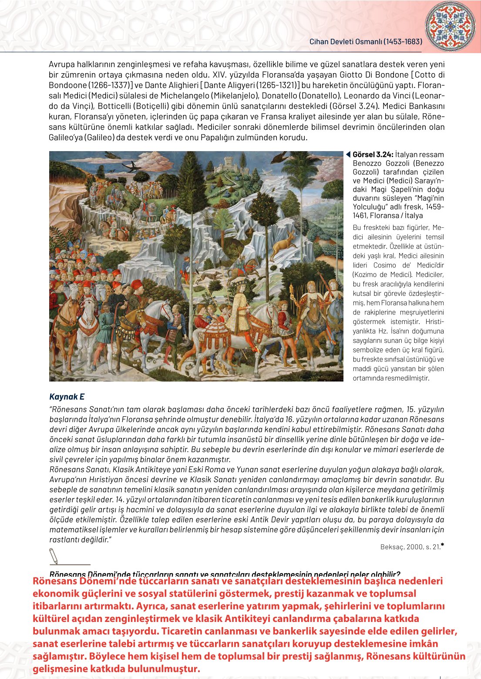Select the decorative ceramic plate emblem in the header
click(x=450, y=25)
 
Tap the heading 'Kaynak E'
click(x=67, y=397)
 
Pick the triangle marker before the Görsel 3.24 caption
click(x=348, y=155)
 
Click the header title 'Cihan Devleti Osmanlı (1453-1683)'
click(x=366, y=42)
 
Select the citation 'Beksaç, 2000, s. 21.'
click(x=410, y=547)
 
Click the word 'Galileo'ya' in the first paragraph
click(x=66, y=138)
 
